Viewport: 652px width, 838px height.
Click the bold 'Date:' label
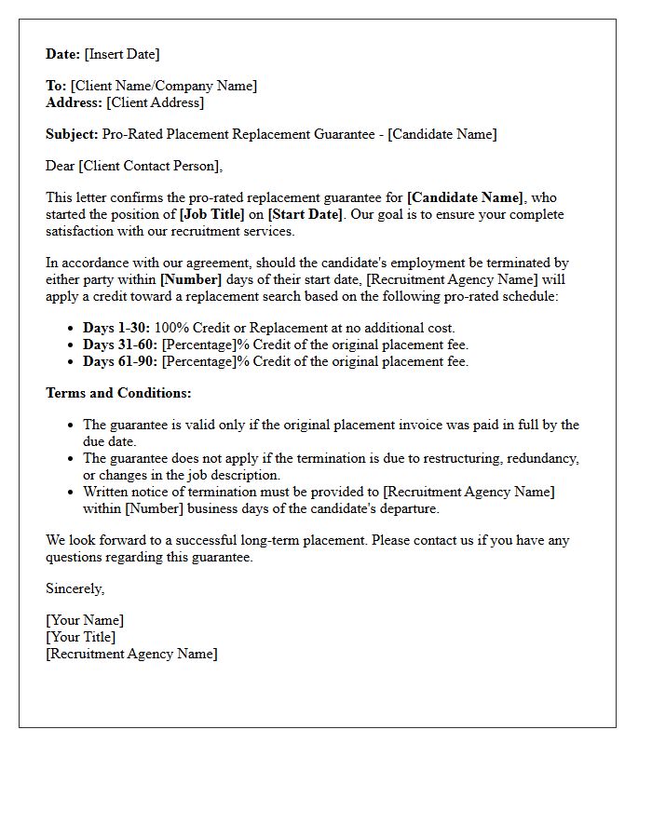[63, 54]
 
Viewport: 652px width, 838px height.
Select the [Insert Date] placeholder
[122, 54]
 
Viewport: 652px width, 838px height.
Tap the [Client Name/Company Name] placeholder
[164, 86]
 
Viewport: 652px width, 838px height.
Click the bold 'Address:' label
[74, 102]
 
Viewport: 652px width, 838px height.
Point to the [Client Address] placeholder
[155, 102]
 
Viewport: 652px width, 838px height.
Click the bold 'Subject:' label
[72, 134]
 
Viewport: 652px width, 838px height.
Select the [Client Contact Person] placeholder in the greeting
[150, 166]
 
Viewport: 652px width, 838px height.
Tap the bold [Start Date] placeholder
[306, 214]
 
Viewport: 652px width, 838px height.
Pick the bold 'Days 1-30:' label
[116, 328]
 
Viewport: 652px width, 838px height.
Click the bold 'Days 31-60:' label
[120, 345]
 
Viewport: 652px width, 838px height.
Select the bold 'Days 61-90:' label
[120, 361]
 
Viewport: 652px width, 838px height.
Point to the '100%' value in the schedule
[171, 328]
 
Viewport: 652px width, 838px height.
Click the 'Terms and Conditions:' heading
[118, 393]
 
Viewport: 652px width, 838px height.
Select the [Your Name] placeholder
[85, 620]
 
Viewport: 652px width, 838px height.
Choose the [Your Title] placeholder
[81, 637]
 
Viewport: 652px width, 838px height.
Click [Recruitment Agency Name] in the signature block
[131, 654]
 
